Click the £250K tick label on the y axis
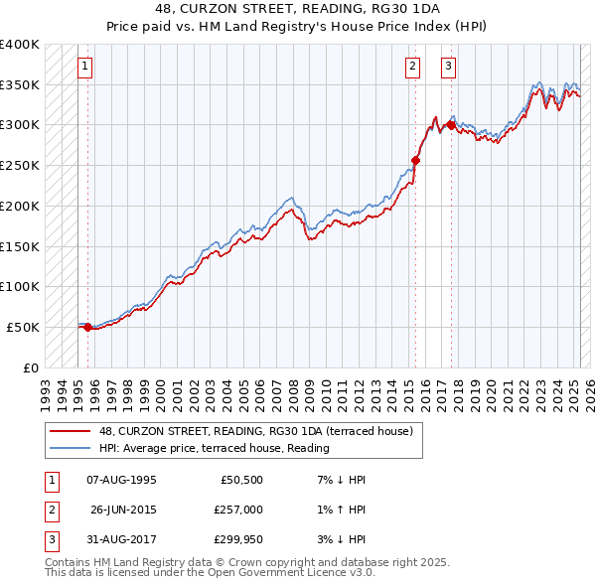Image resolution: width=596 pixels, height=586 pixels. pos(20,166)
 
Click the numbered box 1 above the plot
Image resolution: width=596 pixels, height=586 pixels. pos(85,67)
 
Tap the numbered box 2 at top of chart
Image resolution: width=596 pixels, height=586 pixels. pos(412,67)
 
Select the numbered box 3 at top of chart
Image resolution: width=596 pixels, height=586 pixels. pos(449,67)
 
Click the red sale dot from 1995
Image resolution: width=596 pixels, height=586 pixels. pos(87,326)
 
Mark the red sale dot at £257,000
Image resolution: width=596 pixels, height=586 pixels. pos(416,159)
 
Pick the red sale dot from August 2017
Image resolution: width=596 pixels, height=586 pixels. pos(451,125)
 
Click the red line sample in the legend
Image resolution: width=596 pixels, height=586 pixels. pos(70,431)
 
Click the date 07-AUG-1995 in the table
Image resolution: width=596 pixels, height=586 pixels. pos(122,480)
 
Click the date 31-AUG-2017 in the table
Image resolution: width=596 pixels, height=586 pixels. pos(122,539)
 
